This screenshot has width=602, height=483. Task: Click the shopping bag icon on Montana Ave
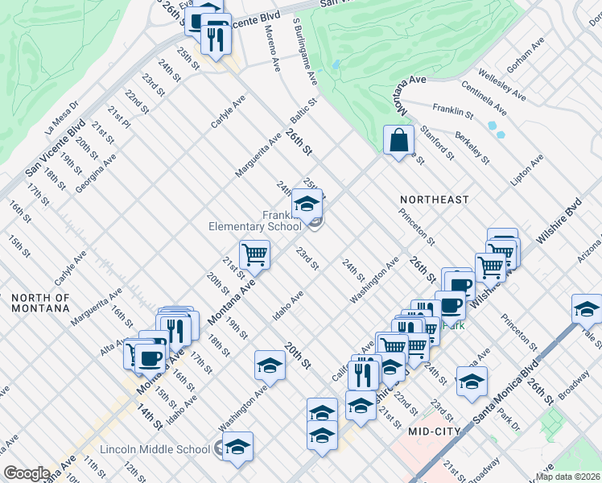coord(398,140)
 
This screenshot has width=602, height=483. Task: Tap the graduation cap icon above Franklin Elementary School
coord(307,204)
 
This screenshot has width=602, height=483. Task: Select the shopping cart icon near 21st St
coord(254,254)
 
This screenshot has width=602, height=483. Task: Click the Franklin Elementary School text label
coord(255,221)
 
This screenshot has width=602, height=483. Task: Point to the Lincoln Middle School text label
coord(155,449)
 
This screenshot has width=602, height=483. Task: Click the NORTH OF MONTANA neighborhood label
coord(52,303)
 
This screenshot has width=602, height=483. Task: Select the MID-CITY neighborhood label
coord(434,431)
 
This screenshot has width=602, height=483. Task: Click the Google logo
coord(27,473)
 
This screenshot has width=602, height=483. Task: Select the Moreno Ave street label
coord(272,49)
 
